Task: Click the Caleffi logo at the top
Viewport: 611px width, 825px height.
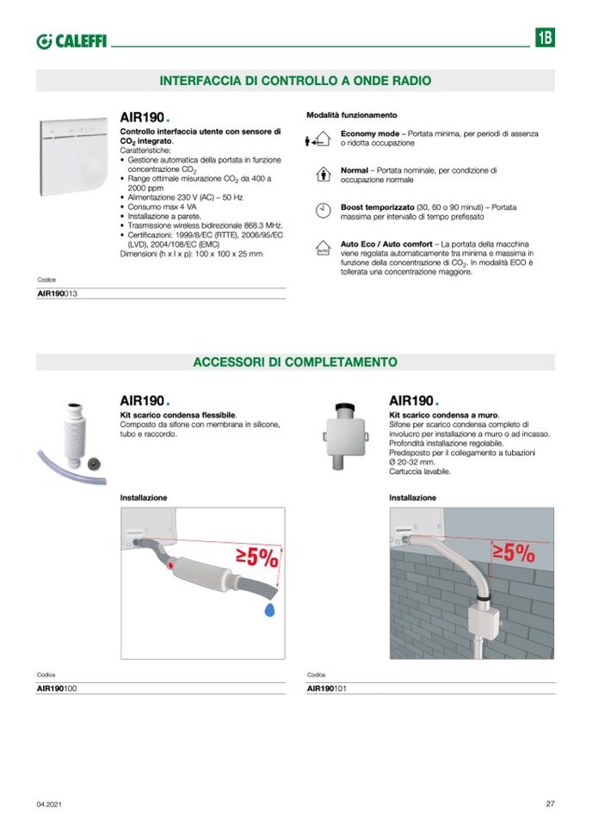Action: (x=71, y=40)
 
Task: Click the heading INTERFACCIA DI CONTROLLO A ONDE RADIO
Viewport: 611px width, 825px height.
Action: (x=295, y=80)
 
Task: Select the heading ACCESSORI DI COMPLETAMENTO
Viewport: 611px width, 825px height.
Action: (x=295, y=361)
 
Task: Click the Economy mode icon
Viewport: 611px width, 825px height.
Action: (x=319, y=139)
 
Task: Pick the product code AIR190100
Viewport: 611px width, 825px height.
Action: (x=58, y=688)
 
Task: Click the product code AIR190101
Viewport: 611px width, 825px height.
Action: (x=328, y=688)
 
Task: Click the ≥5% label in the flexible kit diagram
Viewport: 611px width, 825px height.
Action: (x=256, y=558)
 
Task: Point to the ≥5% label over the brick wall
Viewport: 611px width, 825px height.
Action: (x=513, y=552)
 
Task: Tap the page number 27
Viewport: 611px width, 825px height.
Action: (x=550, y=804)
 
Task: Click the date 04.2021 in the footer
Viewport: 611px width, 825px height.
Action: (x=48, y=804)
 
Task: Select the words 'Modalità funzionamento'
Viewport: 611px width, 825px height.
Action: (x=351, y=114)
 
